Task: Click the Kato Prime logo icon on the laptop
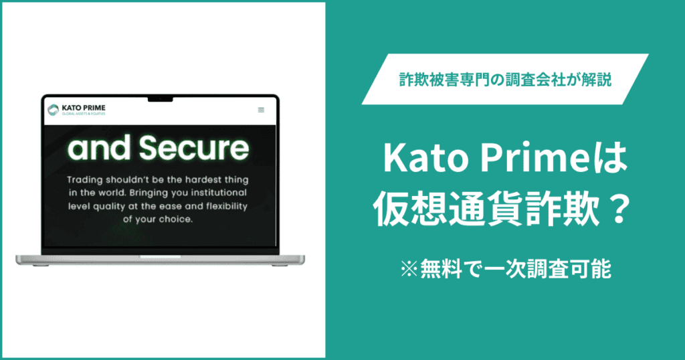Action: [53, 109]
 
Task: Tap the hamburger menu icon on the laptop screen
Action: [261, 110]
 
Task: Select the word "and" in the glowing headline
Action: [101, 150]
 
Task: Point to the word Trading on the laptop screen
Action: [87, 180]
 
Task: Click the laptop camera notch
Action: [161, 98]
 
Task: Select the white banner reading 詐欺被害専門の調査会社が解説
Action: [504, 79]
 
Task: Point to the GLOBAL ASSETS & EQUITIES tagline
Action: [83, 114]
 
